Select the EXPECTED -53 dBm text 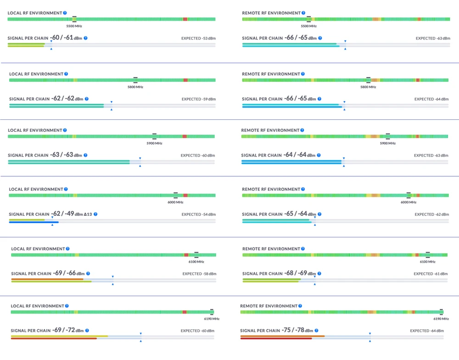point(198,39)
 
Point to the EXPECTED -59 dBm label point(199,99)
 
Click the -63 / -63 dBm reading point(67,155)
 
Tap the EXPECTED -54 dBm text point(199,214)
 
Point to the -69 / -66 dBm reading point(69,273)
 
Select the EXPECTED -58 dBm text point(199,274)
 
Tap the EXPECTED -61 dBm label point(430,274)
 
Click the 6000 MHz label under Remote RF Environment point(409,202)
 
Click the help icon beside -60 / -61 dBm point(86,38)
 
